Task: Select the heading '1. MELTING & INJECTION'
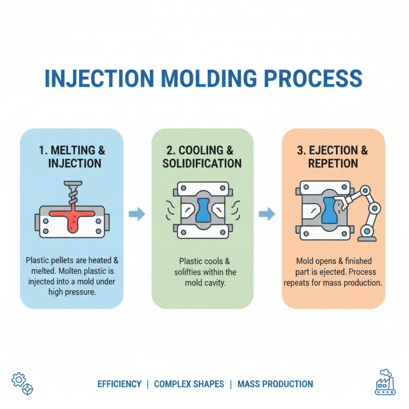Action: click(x=72, y=157)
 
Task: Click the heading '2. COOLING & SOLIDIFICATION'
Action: click(x=202, y=157)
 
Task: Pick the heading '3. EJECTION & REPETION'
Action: click(x=333, y=157)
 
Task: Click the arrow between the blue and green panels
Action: click(x=137, y=214)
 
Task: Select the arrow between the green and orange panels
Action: click(x=267, y=214)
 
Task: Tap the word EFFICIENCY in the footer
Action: click(x=119, y=384)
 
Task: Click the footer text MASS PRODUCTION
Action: click(x=275, y=384)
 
